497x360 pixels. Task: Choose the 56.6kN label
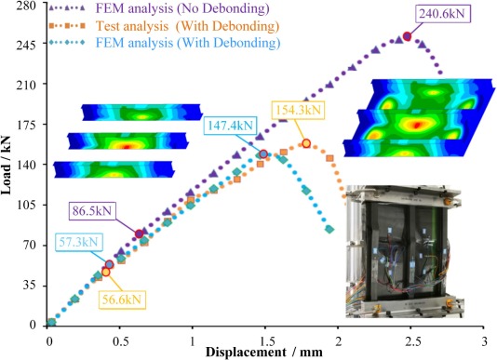click(123, 299)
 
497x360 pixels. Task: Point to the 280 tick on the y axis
click(21, 6)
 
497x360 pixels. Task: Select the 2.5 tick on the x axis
click(410, 338)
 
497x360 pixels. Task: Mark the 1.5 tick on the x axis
click(265, 338)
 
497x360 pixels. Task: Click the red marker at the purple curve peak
click(407, 37)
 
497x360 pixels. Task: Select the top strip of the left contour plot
click(129, 113)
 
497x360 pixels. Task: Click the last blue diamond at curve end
click(329, 230)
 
